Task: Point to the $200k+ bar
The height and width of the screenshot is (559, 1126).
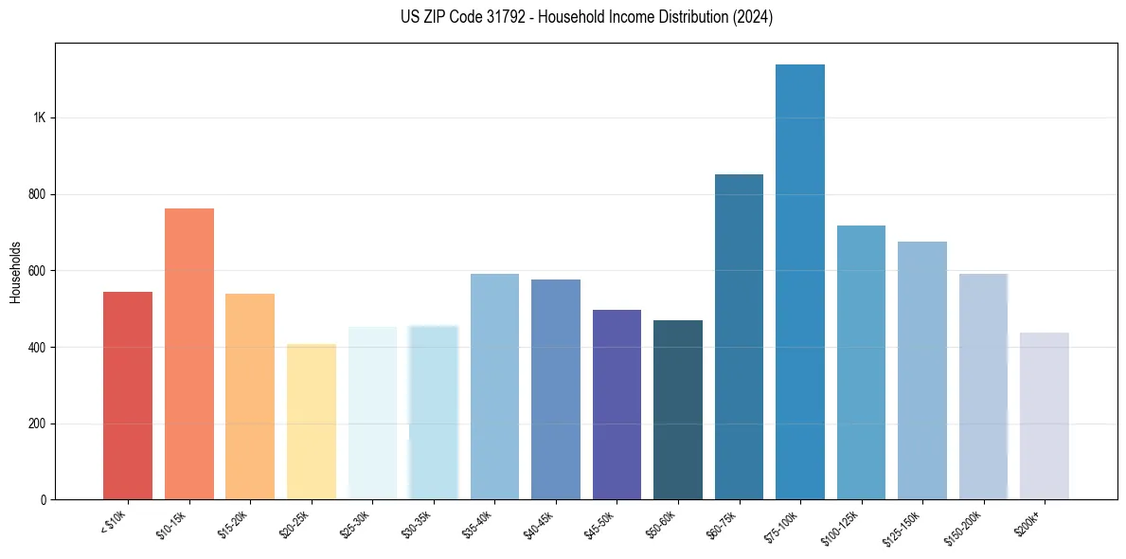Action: tap(1044, 416)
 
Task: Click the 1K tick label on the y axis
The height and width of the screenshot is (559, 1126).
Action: tap(39, 118)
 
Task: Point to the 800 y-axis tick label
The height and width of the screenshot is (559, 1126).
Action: tap(36, 194)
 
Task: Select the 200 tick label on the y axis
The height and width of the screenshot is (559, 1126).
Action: tap(36, 424)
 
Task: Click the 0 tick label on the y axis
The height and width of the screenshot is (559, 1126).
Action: tap(43, 499)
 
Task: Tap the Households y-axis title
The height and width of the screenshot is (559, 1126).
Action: tap(15, 272)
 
